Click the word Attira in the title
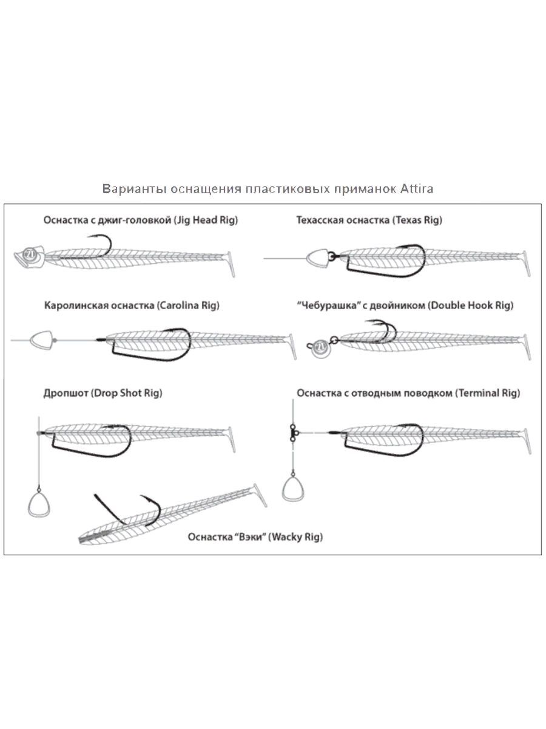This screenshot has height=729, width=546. point(416,189)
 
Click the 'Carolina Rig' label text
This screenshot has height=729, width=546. point(187,306)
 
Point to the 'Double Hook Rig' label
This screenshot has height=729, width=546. point(470,306)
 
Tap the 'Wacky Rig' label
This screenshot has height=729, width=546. point(296,537)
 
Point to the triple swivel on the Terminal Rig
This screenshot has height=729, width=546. point(294,431)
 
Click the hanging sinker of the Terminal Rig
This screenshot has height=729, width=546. point(294,490)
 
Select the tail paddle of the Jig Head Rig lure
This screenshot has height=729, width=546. point(230,264)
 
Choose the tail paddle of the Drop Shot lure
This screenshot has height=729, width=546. point(231,439)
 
